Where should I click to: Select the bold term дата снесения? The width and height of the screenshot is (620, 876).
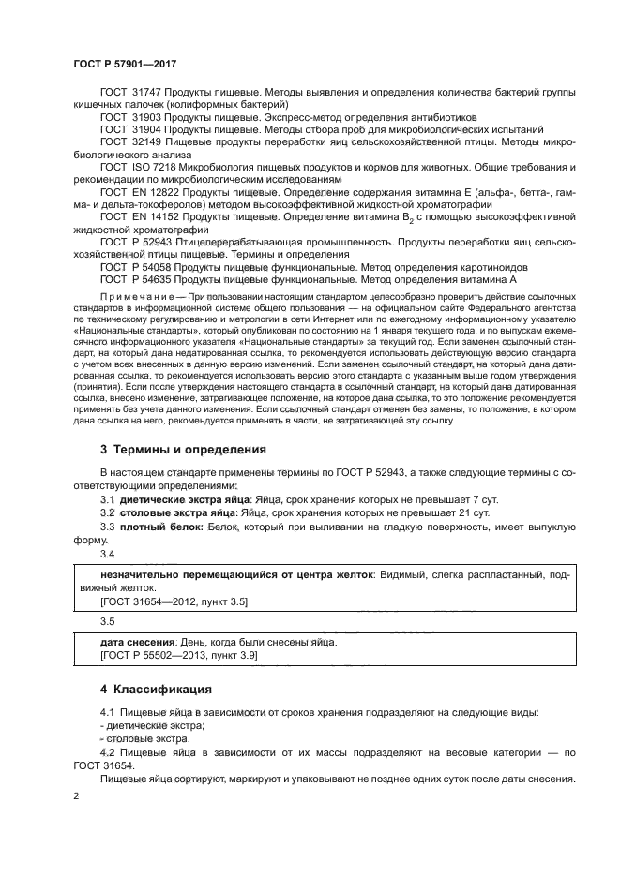137,643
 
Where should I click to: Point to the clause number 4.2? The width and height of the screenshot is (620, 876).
109,752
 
